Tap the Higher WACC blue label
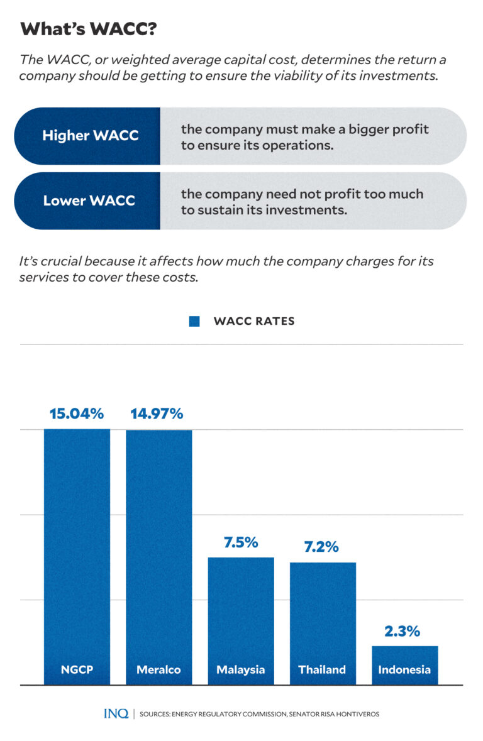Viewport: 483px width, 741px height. (90, 136)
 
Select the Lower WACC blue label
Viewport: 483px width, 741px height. (89, 201)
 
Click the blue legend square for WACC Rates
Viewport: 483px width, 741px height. (194, 322)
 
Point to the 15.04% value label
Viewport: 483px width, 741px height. (77, 414)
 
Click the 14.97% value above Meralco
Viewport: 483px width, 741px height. (157, 414)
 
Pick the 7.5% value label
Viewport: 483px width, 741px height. (241, 542)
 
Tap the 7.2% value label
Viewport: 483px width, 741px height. (321, 547)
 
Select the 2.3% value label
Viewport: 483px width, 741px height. (403, 631)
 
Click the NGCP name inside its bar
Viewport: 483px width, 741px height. (77, 669)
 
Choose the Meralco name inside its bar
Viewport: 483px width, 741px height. (158, 669)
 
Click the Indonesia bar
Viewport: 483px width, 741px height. (404, 657)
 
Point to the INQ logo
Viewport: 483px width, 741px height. (116, 714)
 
